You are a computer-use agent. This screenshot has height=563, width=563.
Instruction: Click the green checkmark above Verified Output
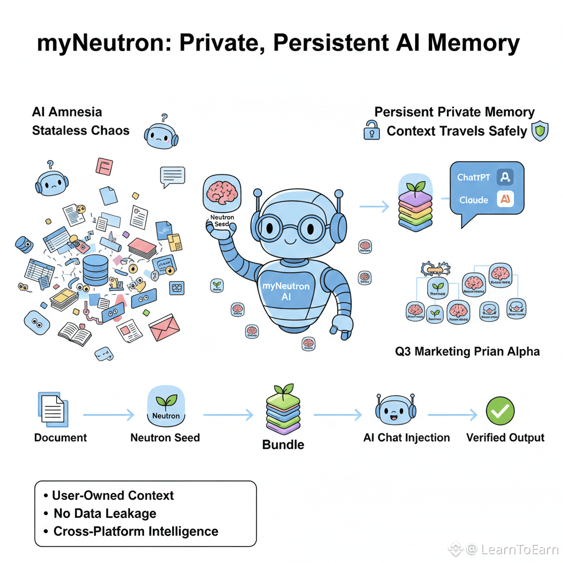point(500,411)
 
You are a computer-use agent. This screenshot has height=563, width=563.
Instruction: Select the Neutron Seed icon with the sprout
point(165,407)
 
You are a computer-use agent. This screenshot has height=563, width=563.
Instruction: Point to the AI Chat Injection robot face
point(395,411)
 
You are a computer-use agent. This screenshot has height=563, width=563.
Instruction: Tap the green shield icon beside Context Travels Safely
point(540,131)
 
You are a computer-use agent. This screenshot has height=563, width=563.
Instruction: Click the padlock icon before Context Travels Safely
point(372,131)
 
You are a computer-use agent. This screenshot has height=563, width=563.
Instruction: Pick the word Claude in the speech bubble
point(473,200)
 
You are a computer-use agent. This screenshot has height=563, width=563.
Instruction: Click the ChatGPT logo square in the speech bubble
point(504,177)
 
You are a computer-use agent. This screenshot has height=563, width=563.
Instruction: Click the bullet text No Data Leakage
point(105,514)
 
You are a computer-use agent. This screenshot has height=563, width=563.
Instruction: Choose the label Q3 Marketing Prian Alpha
point(467,351)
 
